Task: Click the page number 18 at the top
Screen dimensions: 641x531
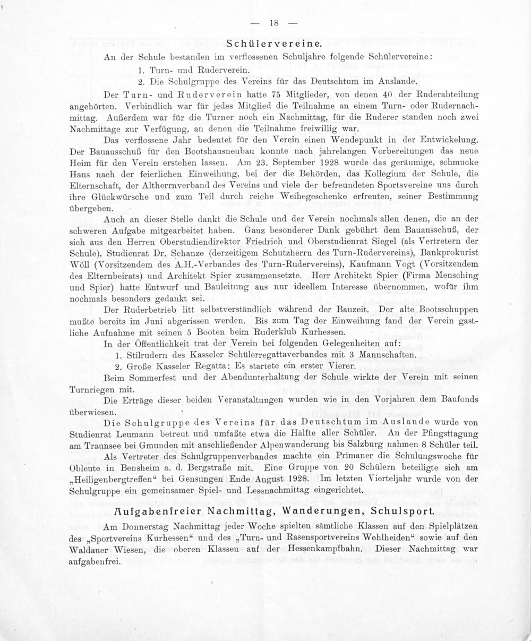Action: point(274,23)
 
